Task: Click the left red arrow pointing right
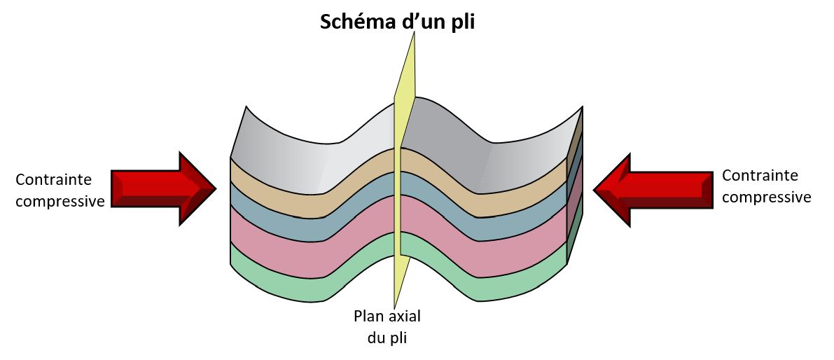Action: click(163, 188)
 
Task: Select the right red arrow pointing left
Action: click(653, 190)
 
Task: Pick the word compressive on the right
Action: click(767, 198)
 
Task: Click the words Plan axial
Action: click(387, 317)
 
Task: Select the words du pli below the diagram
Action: click(387, 338)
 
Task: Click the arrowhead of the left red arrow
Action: click(198, 188)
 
